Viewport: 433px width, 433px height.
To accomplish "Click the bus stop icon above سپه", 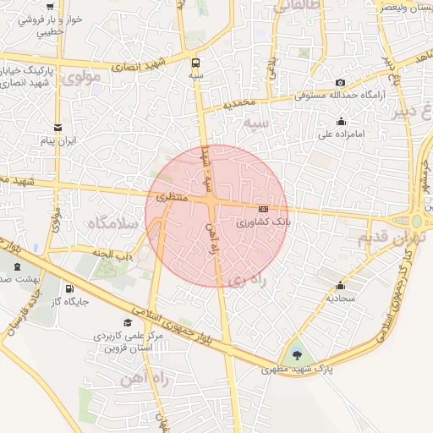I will point(197,62).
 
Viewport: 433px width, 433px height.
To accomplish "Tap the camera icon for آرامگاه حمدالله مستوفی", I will point(340,82).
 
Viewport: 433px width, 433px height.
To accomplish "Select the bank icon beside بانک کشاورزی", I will point(263,208).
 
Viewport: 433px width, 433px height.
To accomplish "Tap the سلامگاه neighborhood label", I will point(112,223).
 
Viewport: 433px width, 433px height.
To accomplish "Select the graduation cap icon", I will point(128,322).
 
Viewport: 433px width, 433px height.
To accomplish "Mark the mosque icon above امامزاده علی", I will point(341,121).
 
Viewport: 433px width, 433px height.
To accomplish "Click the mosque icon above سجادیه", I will point(340,286).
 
